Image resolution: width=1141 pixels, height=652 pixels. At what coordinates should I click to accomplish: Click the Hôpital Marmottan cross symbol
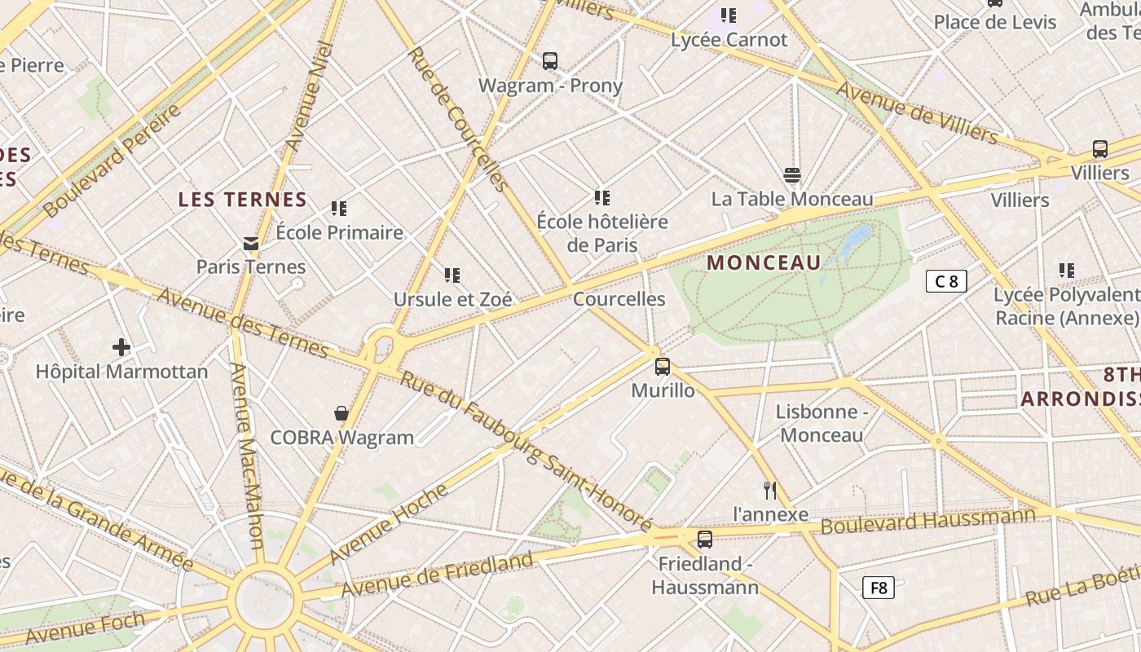[x=121, y=348]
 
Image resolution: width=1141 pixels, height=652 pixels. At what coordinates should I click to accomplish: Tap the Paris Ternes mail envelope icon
[x=250, y=243]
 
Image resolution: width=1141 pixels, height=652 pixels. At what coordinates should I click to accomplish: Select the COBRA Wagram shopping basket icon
[x=341, y=414]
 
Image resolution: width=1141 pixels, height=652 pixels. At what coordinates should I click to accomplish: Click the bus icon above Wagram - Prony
[x=550, y=61]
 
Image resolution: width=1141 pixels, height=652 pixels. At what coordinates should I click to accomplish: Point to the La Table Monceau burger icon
[x=791, y=174]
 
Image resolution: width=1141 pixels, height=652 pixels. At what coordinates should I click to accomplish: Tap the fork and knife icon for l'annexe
[x=770, y=490]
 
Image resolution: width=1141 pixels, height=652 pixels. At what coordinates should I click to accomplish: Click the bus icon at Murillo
[x=663, y=367]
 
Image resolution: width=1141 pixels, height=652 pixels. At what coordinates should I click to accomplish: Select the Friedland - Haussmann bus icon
[x=705, y=540]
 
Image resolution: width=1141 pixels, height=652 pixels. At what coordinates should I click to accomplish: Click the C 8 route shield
[x=946, y=282]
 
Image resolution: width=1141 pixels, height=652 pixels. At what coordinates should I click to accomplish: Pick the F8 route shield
[x=879, y=588]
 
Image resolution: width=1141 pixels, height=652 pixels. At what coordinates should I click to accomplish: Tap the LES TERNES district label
[x=243, y=200]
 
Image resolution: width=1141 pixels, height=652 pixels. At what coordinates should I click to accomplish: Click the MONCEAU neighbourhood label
[x=764, y=262]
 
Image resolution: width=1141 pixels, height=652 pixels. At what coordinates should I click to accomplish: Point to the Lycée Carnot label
[x=729, y=39]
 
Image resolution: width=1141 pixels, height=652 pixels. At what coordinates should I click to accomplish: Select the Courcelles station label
[x=619, y=299]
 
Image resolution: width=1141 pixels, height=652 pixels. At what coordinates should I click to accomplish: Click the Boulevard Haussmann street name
[x=927, y=521]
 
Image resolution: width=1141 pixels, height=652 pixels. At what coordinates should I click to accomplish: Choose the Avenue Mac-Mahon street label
[x=245, y=456]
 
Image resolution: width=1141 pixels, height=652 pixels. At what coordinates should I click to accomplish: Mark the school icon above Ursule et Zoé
[x=452, y=275]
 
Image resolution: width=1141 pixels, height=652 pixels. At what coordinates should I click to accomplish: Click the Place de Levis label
[x=995, y=22]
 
